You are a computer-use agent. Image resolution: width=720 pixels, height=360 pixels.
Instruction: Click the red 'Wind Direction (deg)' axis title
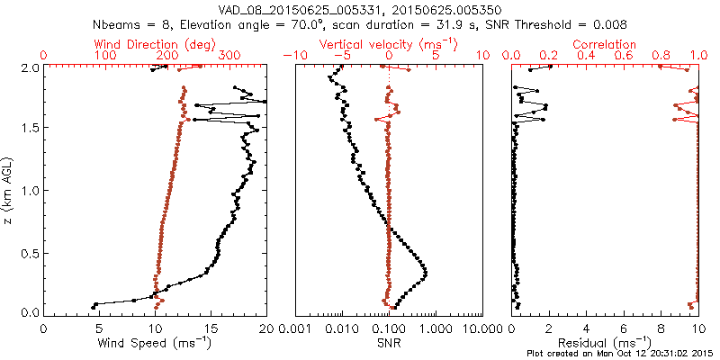tap(155, 44)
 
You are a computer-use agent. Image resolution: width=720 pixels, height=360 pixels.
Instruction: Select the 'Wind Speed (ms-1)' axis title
tap(155, 343)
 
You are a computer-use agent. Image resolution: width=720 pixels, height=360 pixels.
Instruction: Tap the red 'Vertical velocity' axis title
tap(388, 44)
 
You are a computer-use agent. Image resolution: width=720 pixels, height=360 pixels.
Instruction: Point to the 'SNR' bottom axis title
tap(388, 343)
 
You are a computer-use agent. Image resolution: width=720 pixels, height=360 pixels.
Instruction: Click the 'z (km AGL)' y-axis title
tap(10, 190)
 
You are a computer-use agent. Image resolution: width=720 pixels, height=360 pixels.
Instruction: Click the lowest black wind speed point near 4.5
tap(94, 307)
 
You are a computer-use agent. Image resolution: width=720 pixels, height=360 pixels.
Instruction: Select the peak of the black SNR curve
tap(425, 273)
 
